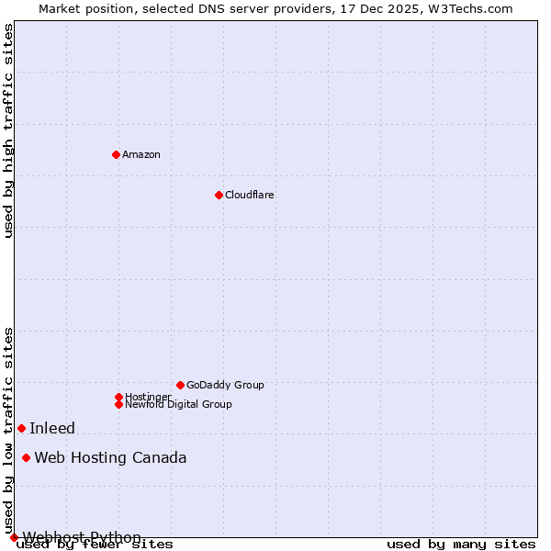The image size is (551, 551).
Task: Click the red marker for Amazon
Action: point(116,154)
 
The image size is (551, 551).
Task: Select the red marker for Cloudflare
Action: point(219,195)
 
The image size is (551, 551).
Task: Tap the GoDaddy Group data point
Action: point(180,385)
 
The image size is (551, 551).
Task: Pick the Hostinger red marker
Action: point(118,397)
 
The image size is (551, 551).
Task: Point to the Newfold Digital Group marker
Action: point(118,404)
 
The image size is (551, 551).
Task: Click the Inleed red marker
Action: point(21,428)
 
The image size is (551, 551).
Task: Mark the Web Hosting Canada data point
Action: point(27,457)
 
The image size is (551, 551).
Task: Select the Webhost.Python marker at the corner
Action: point(14,537)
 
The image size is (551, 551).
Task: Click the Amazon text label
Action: point(141,154)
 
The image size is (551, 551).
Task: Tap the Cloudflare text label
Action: point(249,195)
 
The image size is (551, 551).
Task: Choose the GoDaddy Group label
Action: point(225,385)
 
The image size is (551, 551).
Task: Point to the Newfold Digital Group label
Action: point(178,404)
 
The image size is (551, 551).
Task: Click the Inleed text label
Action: point(52,428)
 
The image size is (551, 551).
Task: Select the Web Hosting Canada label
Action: point(110,457)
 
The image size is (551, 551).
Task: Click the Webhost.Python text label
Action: point(82,537)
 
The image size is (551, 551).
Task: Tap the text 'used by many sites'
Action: point(460,545)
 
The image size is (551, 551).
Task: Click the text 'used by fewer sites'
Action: point(95,545)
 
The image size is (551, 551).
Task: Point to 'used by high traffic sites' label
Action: point(8,131)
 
